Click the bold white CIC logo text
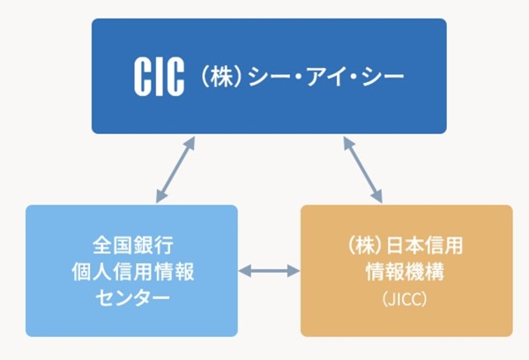tap(160, 78)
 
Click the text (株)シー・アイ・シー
tap(300, 78)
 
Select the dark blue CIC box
tap(269, 40)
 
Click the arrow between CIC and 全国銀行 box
tap(175, 169)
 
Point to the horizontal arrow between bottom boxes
tap(269, 271)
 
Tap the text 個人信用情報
tap(131, 271)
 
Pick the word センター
tap(131, 298)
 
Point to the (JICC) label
tap(406, 299)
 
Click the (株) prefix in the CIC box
tap(215, 78)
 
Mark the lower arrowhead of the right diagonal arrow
tap(378, 197)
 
